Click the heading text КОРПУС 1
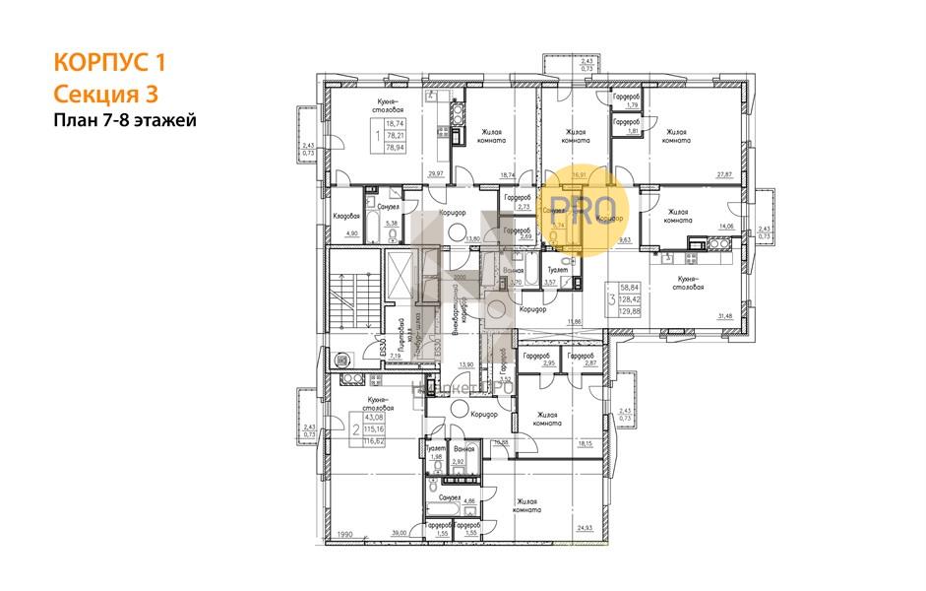(108, 63)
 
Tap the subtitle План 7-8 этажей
(125, 120)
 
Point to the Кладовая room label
(344, 215)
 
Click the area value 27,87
(724, 174)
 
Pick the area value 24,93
(586, 529)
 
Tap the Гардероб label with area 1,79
(627, 97)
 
